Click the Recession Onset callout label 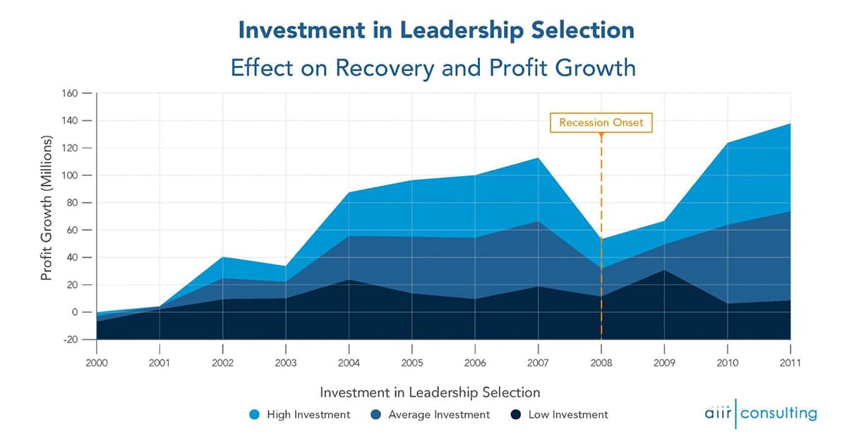coord(601,122)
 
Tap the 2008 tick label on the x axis coord(601,363)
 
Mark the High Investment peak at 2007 coord(539,158)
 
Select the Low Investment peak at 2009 coord(664,270)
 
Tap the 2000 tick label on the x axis coord(97,363)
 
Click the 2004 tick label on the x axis coord(349,363)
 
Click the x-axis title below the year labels coord(430,392)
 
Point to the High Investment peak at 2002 coord(223,257)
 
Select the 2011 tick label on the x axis coord(790,363)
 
